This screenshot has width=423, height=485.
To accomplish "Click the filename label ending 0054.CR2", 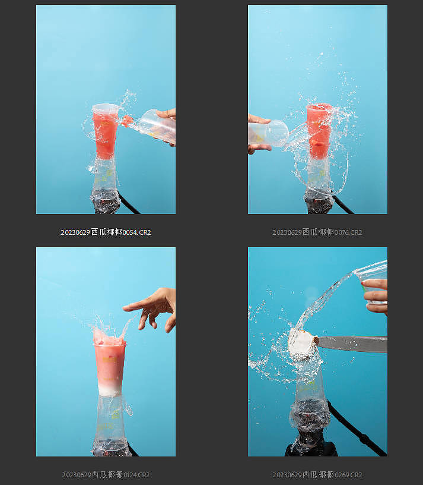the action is (106, 232).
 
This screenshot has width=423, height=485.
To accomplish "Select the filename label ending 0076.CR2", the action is (317, 232).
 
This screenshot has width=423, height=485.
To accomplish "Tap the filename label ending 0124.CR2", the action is (106, 475).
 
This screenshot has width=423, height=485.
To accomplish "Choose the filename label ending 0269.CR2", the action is (317, 475).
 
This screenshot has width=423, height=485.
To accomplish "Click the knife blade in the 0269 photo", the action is (352, 344).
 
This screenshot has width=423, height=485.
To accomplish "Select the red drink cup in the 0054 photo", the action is (105, 131).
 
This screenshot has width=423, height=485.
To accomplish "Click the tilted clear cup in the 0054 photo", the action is (157, 126).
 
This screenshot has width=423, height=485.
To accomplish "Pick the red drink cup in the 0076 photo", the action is (319, 131).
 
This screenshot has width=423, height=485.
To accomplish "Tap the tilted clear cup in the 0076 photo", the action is (268, 133).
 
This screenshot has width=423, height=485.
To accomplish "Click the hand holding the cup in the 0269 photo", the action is (376, 296).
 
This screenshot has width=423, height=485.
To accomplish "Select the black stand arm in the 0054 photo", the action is (129, 203).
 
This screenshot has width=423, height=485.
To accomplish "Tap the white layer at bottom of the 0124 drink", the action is (110, 389).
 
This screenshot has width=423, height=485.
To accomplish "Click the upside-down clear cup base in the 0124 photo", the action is (111, 426).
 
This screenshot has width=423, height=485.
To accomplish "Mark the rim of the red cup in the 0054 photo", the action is (106, 108).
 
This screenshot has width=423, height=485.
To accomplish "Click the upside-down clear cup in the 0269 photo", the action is (308, 399).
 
